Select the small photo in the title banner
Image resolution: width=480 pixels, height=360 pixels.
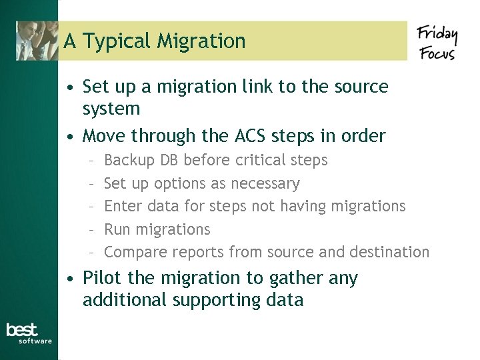37,41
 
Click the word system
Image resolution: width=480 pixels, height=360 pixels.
111,109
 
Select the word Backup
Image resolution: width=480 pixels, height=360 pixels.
130,161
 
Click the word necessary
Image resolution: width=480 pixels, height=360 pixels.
265,183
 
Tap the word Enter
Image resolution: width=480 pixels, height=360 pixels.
123,207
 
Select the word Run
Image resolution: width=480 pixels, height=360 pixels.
117,229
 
